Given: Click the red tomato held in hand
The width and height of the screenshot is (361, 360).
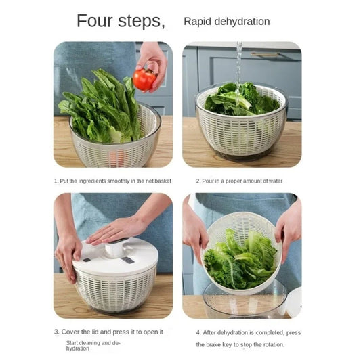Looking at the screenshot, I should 144,79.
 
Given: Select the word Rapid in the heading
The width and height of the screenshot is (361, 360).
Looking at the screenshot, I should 196,22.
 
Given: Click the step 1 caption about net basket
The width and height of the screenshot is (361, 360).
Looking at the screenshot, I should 112,181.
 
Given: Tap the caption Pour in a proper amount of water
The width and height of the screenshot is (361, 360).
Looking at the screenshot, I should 239,181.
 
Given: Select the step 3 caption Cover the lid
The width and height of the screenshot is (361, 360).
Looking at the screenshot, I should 108,332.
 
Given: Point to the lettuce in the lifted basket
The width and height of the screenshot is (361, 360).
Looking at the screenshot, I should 240,261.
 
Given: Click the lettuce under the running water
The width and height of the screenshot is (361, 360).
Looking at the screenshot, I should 240,102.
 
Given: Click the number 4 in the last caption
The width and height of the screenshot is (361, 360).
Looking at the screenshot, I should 198,333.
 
